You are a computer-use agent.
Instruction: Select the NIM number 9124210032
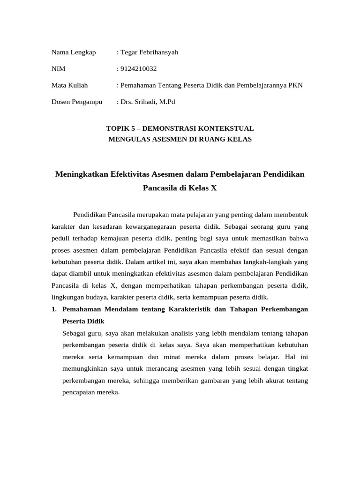138,69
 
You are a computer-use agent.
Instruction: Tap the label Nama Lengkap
74,52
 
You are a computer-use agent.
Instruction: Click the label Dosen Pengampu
77,102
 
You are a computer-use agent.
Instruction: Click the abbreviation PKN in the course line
295,85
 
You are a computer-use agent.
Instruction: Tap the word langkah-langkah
272,261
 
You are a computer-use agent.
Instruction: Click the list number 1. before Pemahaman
54,309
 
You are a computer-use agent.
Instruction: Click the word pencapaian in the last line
78,393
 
